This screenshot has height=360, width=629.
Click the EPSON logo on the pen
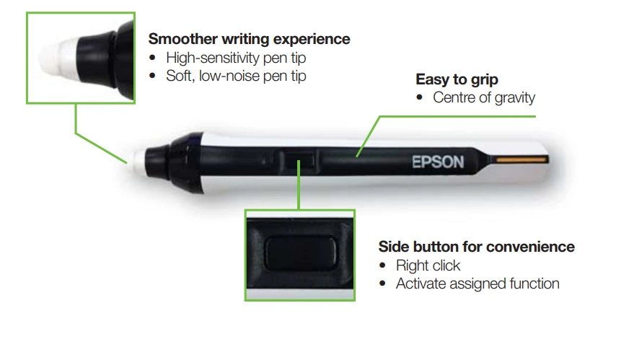[x=438, y=162]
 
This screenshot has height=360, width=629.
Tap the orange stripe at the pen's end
[x=522, y=159]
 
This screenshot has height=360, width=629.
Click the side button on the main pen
[x=299, y=161]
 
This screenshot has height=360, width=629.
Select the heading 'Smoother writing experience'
[x=249, y=39]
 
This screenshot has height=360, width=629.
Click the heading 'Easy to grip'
[x=457, y=79]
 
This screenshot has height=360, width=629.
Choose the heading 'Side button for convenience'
[x=477, y=247]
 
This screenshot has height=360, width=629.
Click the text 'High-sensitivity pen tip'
[x=236, y=58]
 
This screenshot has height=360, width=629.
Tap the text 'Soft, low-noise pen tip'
[x=236, y=76]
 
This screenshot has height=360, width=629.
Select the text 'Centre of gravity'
[x=484, y=97]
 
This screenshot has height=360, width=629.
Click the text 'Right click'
[x=428, y=265]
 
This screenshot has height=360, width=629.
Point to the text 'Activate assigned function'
[x=478, y=284]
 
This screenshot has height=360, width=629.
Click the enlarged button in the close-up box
[x=300, y=253]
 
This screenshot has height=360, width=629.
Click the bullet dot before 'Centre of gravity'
[x=420, y=97]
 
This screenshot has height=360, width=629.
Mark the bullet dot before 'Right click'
[x=382, y=265]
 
